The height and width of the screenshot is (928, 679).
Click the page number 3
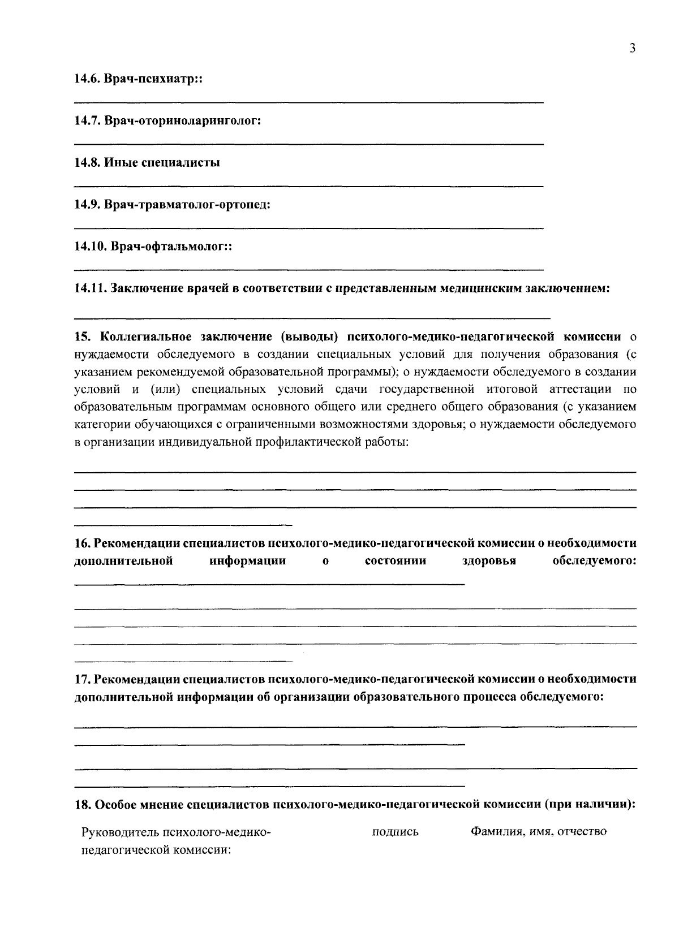tap(632, 49)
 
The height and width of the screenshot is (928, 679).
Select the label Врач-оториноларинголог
tap(182, 122)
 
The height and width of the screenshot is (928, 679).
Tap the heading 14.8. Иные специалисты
tap(147, 163)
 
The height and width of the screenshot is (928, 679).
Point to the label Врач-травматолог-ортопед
tap(187, 205)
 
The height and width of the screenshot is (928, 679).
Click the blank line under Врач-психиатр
tap(308, 102)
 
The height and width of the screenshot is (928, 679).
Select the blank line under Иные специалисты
tap(308, 185)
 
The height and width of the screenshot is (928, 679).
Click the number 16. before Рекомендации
tap(83, 543)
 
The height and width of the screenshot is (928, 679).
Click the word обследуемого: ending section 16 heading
tap(594, 561)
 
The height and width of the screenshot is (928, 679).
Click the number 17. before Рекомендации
tap(83, 679)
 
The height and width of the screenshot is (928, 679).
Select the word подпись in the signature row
tap(396, 832)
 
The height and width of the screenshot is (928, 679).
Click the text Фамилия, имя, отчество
tap(538, 832)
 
